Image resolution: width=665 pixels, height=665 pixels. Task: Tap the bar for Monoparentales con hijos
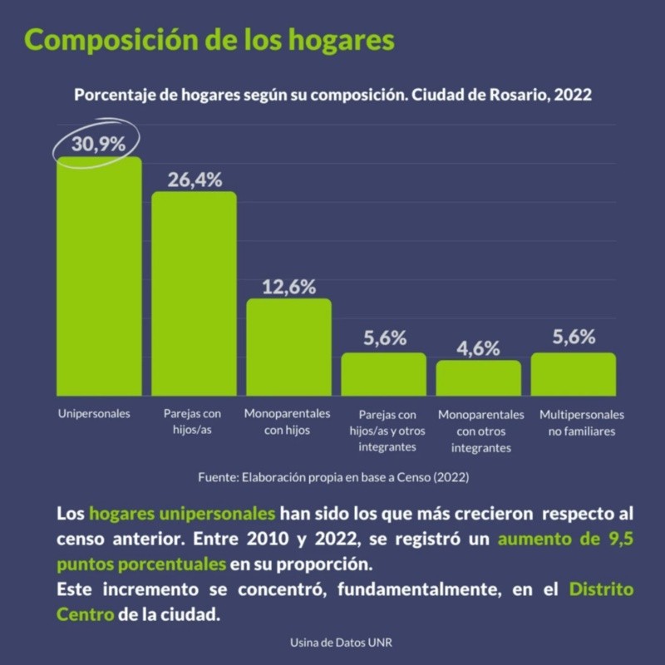point(288,347)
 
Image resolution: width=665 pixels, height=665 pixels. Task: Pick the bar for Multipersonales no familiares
point(574,374)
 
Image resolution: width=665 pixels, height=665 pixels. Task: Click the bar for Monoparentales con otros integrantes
point(479,377)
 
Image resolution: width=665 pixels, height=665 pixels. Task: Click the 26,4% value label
point(195,179)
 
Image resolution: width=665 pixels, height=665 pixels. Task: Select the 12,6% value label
point(288,287)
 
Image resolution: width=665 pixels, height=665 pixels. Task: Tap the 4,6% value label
point(479,347)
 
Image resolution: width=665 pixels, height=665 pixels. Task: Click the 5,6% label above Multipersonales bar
point(574,337)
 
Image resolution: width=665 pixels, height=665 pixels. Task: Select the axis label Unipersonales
point(94,413)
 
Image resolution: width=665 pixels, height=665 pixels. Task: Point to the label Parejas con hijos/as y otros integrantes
point(387,431)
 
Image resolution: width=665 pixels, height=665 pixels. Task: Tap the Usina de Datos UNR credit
point(332,643)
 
